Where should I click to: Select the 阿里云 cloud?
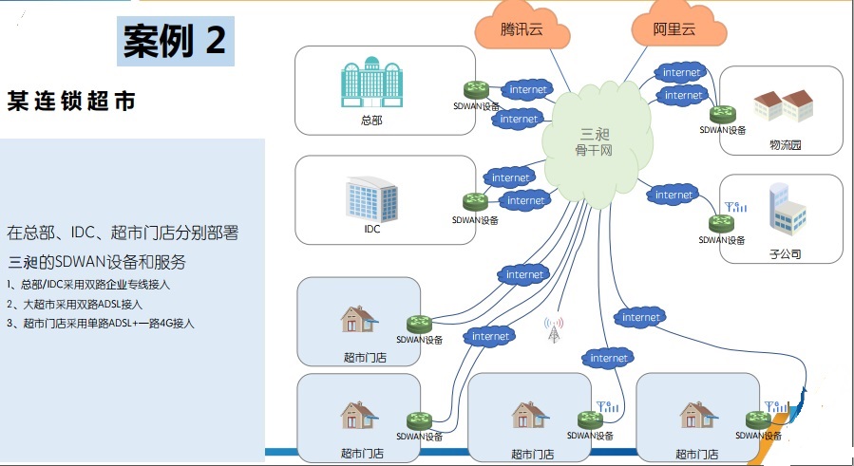click(x=675, y=29)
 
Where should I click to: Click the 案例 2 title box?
click(x=175, y=40)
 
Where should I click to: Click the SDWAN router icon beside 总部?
click(x=476, y=89)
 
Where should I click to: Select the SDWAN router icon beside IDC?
click(x=475, y=201)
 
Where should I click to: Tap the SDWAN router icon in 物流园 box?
click(x=726, y=114)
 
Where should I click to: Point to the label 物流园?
click(x=786, y=145)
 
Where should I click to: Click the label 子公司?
click(x=786, y=254)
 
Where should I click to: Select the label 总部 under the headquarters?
click(x=371, y=121)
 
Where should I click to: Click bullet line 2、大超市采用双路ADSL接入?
click(x=76, y=305)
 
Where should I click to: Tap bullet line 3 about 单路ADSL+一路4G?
click(x=101, y=324)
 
